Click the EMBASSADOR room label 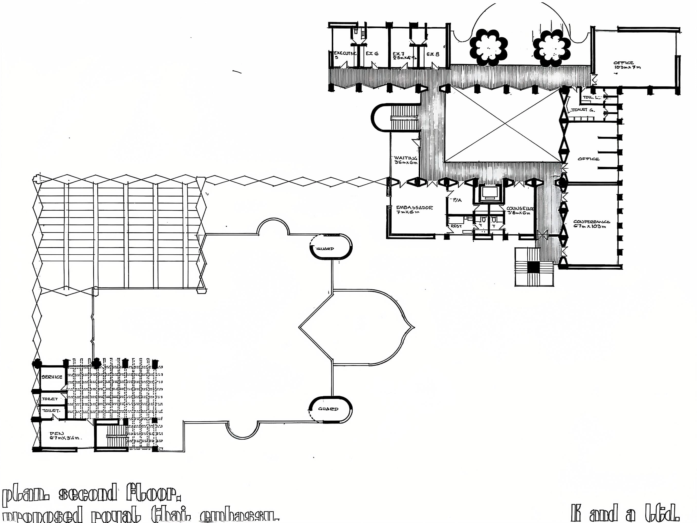(x=414, y=208)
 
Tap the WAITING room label (x=406, y=158)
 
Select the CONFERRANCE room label (x=591, y=222)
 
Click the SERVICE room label (x=52, y=377)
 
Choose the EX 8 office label (x=433, y=54)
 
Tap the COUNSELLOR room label (x=520, y=209)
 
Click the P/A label (x=457, y=200)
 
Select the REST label (x=456, y=226)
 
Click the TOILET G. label (x=583, y=110)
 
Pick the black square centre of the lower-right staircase (x=533, y=267)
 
